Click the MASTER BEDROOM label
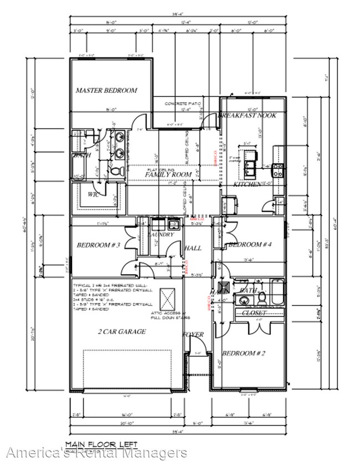tap(106, 90)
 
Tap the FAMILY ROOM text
tap(168, 175)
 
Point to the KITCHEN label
tap(247, 184)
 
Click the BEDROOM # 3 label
tap(98, 244)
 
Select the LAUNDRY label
tap(161, 235)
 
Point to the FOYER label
tap(193, 335)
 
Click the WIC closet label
tap(93, 194)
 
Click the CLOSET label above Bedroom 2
tap(255, 313)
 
